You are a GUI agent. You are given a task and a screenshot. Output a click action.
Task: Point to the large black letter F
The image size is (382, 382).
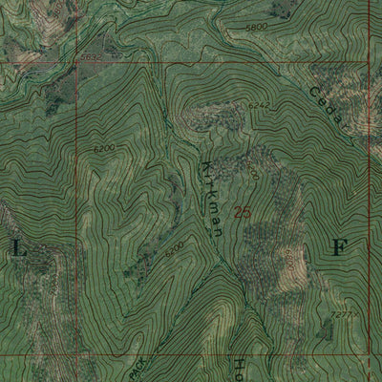(336, 247)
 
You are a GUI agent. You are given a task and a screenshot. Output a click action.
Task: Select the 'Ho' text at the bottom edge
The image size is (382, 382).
(240, 367)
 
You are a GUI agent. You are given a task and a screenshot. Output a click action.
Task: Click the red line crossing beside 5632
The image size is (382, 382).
(78, 62)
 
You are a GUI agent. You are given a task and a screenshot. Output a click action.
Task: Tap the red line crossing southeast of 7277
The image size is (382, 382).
(369, 329)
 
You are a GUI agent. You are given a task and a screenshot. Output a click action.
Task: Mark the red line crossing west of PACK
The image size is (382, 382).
(78, 329)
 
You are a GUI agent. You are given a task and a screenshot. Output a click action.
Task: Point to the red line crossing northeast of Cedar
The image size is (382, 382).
(369, 62)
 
